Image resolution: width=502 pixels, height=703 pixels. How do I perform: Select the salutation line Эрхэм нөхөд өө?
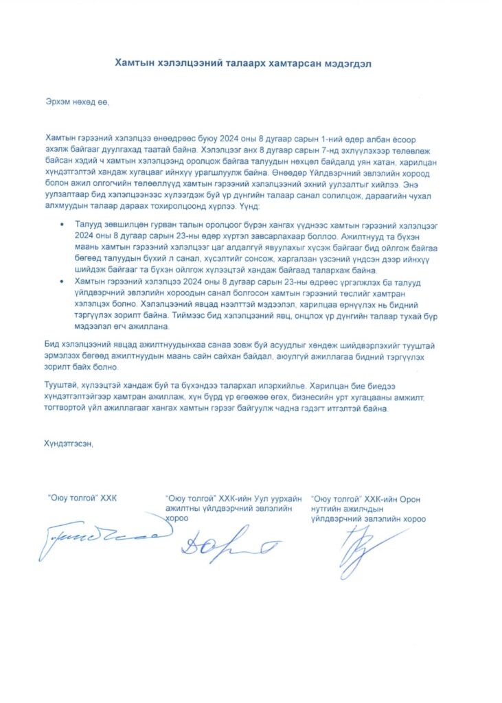(76, 102)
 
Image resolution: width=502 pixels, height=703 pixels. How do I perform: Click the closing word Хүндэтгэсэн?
(68, 443)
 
